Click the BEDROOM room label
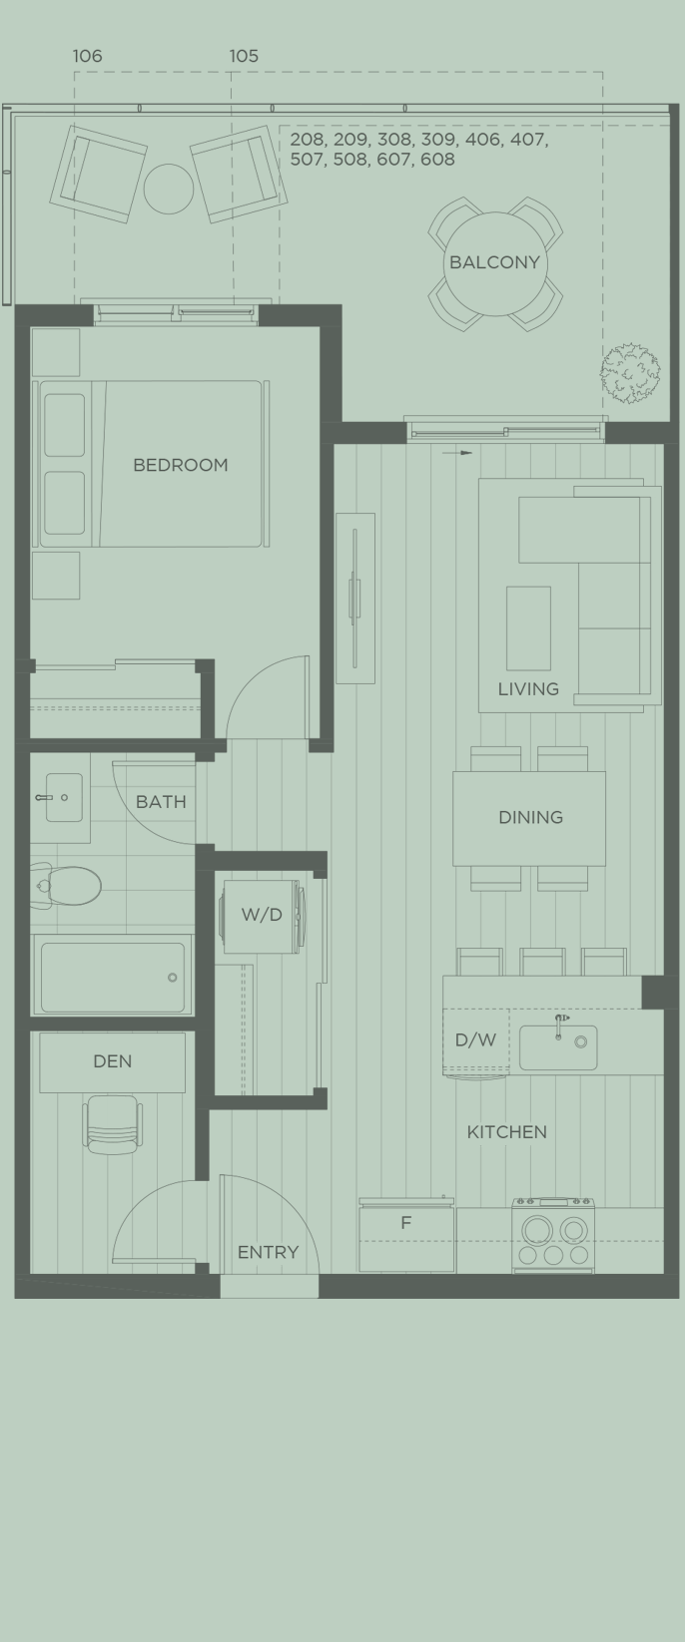tap(180, 465)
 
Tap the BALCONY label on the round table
tap(494, 262)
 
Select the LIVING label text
tap(528, 688)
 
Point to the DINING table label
tap(530, 817)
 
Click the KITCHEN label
tap(506, 1132)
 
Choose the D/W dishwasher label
tap(475, 1040)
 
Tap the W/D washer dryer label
tap(262, 915)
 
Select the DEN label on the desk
tap(112, 1061)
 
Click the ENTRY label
tap(268, 1252)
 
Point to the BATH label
tap(161, 801)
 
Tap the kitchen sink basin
tap(558, 1047)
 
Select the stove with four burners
tap(553, 1236)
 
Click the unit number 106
tap(88, 56)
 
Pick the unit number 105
tap(244, 56)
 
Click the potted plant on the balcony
tap(630, 373)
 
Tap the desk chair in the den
tap(112, 1123)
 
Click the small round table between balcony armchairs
tap(169, 188)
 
